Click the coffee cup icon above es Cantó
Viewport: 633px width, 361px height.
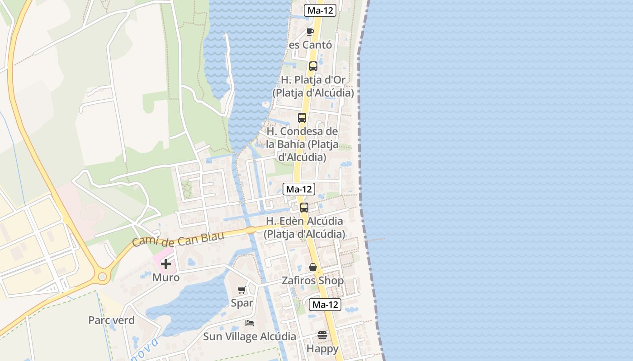310,32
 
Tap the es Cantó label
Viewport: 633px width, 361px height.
310,45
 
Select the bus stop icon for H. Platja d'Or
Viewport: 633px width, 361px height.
313,66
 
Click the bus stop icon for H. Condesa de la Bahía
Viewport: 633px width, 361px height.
302,118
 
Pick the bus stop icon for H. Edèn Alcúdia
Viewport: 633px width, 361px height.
304,208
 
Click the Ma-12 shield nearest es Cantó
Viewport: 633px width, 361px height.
320,10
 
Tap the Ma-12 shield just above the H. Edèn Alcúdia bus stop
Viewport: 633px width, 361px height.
298,189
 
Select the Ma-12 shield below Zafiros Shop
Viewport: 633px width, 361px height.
325,305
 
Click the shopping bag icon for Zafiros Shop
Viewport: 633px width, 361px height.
312,268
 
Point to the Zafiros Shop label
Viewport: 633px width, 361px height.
312,281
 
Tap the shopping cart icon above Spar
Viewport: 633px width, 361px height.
242,290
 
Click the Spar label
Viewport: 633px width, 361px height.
242,303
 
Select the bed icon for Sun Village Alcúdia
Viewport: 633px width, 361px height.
249,323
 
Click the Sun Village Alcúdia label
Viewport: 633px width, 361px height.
249,336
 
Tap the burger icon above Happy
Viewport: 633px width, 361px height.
322,335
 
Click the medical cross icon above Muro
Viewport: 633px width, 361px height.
166,264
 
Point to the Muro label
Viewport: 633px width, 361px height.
166,277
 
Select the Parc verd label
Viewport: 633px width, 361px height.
111,320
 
